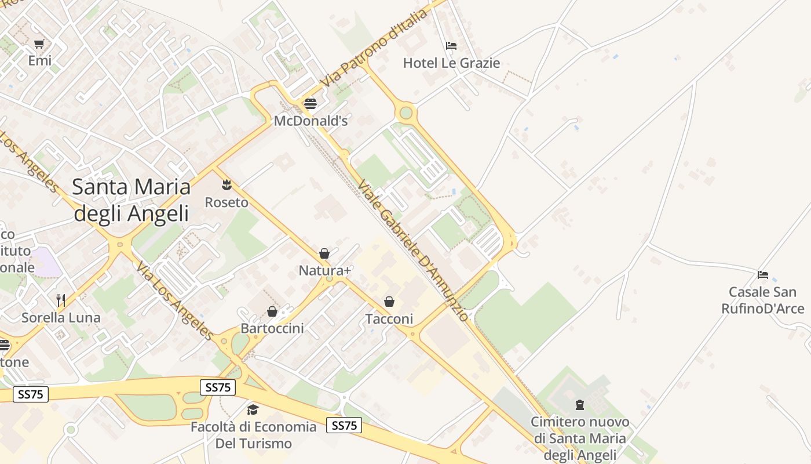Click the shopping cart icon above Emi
[x=39, y=43]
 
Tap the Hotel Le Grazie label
[x=451, y=63]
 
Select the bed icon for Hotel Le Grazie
[x=451, y=46]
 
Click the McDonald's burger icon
[x=310, y=104]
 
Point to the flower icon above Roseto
[x=227, y=185]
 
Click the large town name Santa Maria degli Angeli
[x=131, y=200]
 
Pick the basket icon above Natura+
[x=324, y=253]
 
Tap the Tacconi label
[x=389, y=319]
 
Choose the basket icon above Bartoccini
[x=272, y=311]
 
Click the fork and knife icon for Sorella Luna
[x=61, y=300]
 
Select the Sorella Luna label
[x=61, y=318]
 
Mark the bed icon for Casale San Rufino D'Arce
[x=763, y=274]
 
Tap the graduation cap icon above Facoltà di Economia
[x=253, y=410]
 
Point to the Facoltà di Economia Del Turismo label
[x=254, y=436]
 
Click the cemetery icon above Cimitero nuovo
[x=579, y=404]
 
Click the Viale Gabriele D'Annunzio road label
[x=412, y=250]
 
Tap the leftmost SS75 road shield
[x=30, y=394]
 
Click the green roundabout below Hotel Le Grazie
[x=406, y=112]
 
